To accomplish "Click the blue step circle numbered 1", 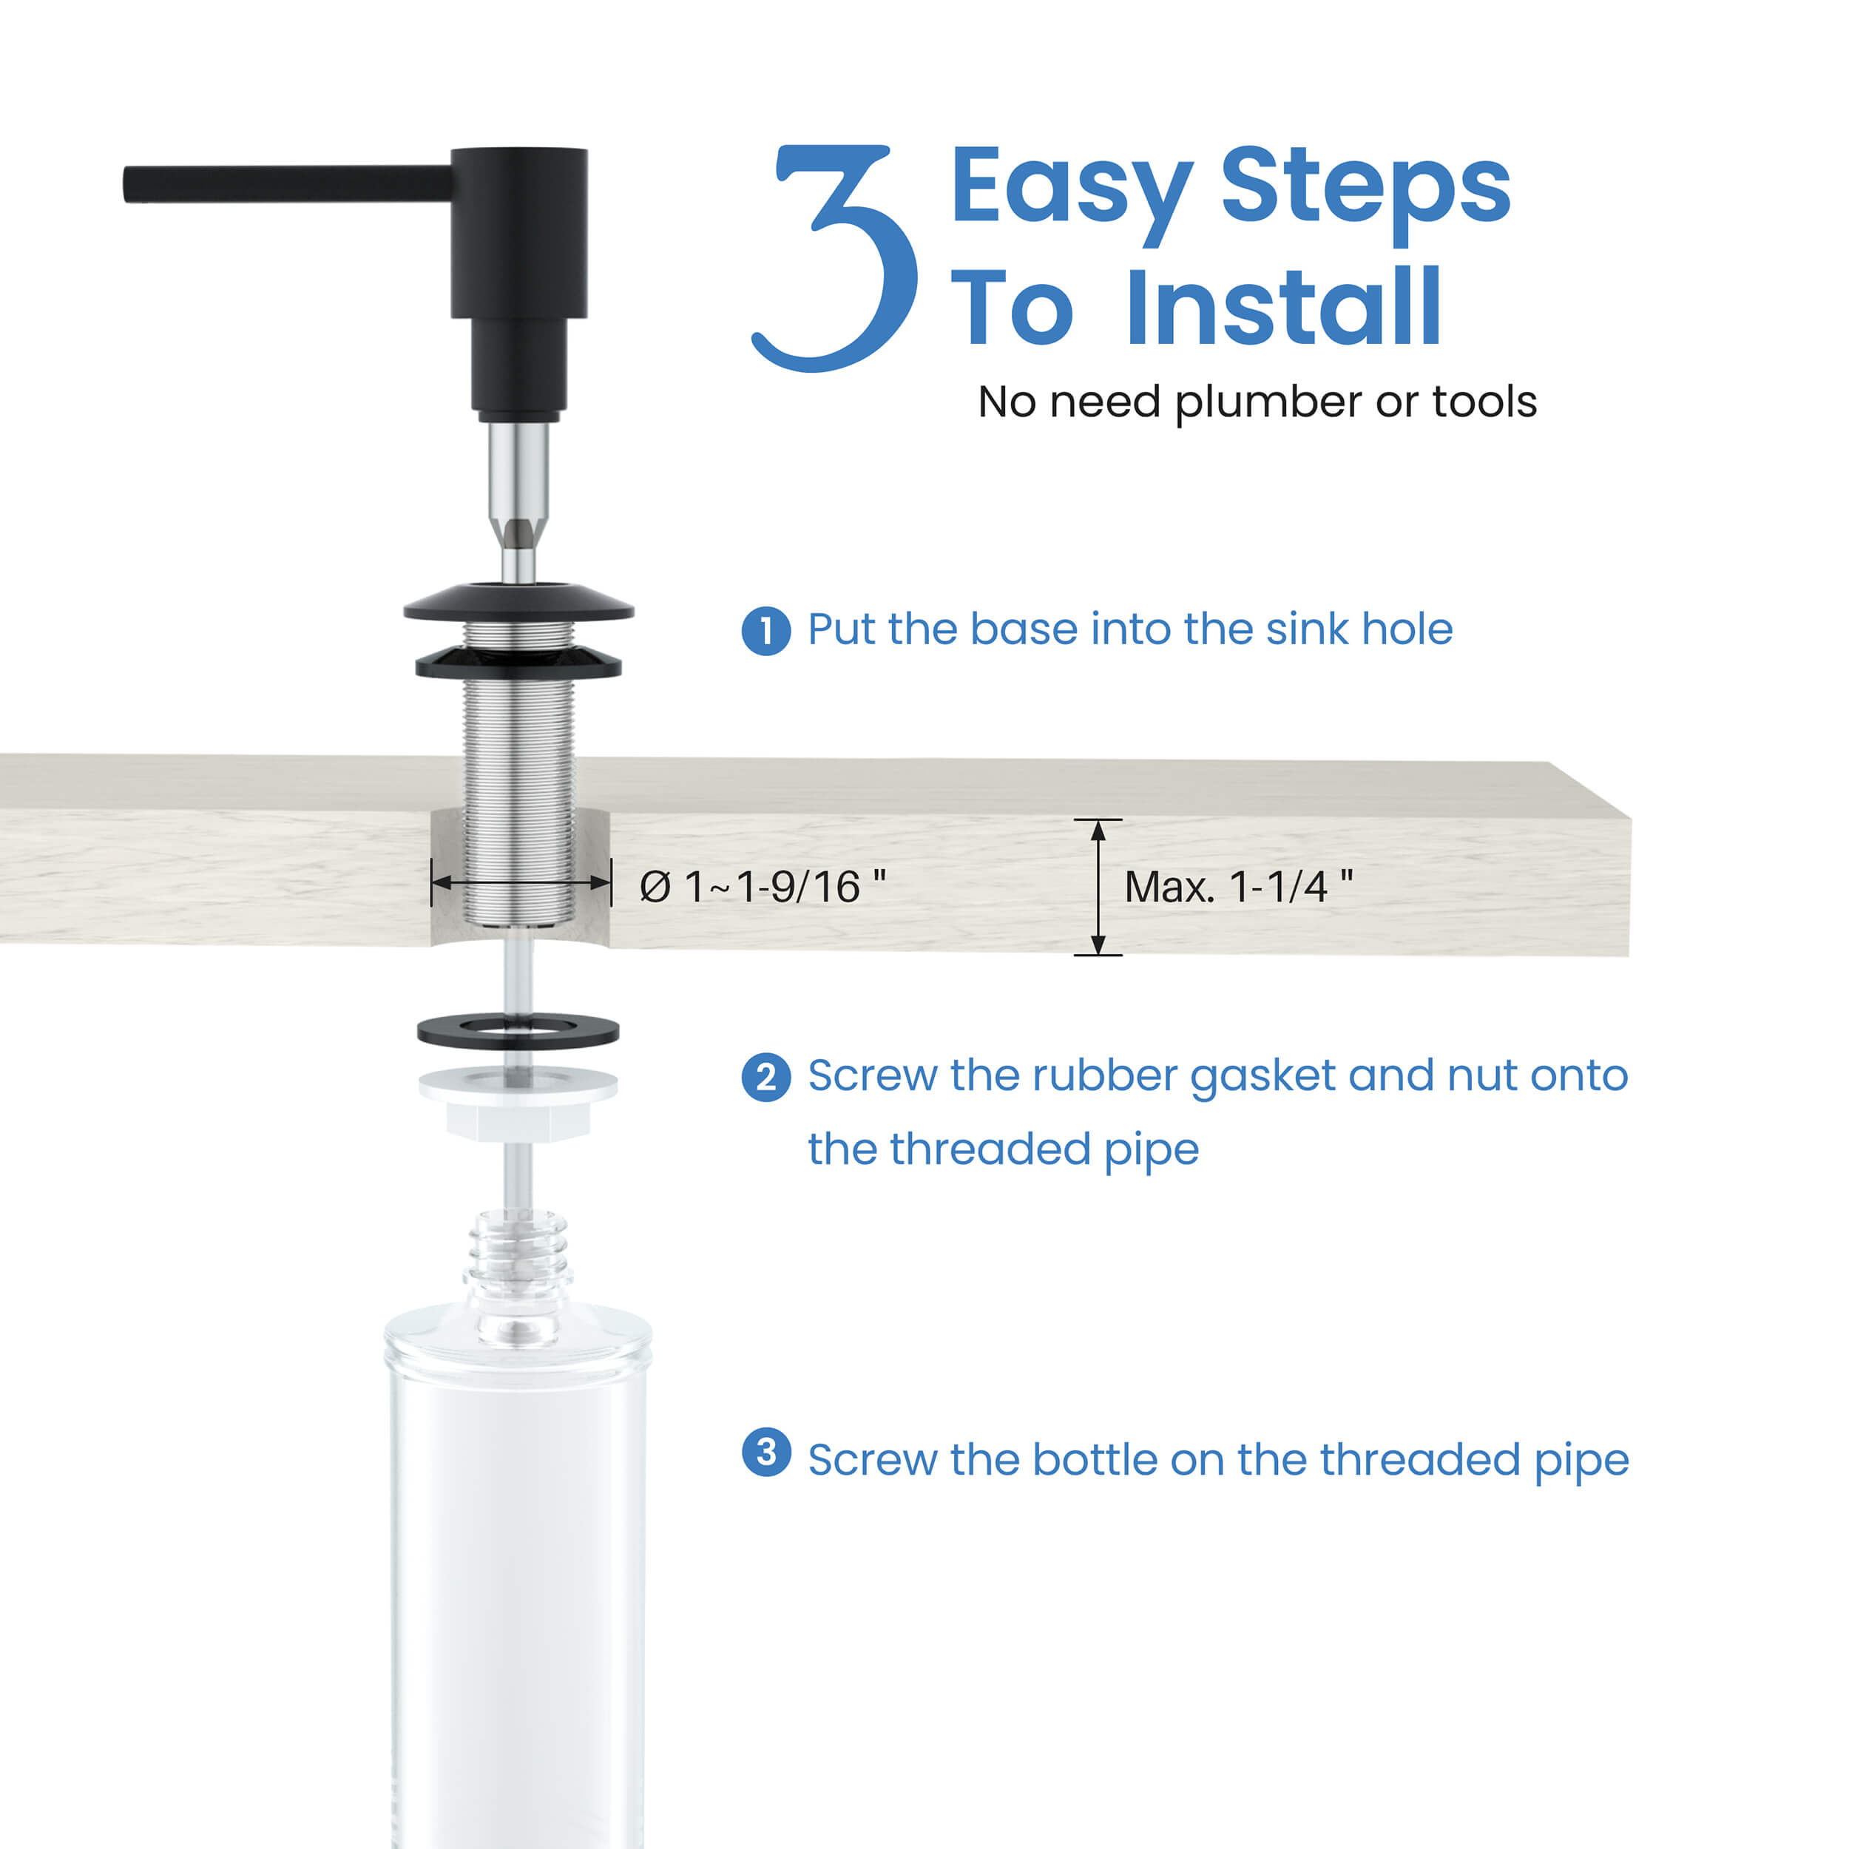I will [x=765, y=632].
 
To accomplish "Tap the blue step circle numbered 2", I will [x=765, y=1078].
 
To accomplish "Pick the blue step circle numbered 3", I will [x=765, y=1453].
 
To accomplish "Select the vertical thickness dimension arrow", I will [x=1098, y=888].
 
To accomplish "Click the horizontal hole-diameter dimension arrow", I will [x=521, y=882].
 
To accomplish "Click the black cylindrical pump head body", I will [x=518, y=234].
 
